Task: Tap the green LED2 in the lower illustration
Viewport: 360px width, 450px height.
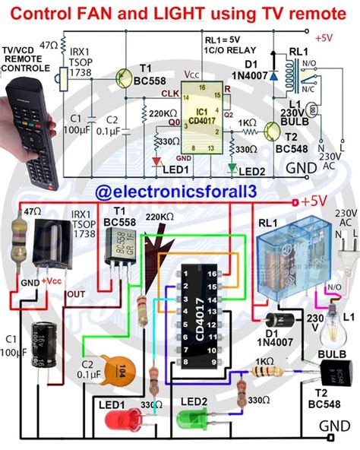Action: tap(191, 417)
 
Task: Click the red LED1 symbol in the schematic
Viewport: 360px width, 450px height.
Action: tap(156, 160)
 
